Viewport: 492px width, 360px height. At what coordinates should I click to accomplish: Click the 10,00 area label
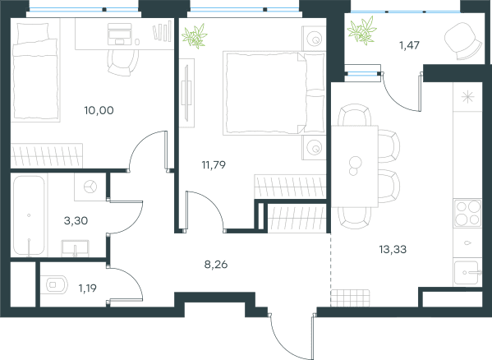point(99,110)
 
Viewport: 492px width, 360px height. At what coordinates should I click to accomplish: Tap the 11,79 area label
point(214,164)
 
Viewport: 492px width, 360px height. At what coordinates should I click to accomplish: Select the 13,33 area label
point(393,250)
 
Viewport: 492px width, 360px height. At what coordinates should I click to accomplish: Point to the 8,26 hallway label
point(216,265)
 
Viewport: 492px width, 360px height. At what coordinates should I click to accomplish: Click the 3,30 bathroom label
point(76,220)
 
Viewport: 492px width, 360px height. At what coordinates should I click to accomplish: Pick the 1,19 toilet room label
point(88,288)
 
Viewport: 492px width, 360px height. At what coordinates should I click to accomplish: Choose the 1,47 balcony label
point(410,45)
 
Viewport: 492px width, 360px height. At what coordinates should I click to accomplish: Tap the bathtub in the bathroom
point(29,215)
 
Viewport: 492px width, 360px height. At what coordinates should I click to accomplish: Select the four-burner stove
point(467,213)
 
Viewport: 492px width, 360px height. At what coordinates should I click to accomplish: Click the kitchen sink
point(467,273)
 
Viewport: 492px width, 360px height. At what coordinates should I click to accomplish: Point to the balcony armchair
point(463,41)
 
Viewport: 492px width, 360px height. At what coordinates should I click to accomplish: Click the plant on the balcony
point(361,30)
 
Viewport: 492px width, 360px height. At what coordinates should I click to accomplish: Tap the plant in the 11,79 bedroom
point(195,36)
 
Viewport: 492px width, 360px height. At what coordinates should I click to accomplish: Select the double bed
point(274,93)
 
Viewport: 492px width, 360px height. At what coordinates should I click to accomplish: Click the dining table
point(355,166)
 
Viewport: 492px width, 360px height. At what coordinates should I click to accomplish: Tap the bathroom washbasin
point(75,248)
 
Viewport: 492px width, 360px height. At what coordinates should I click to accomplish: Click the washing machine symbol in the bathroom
point(90,187)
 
